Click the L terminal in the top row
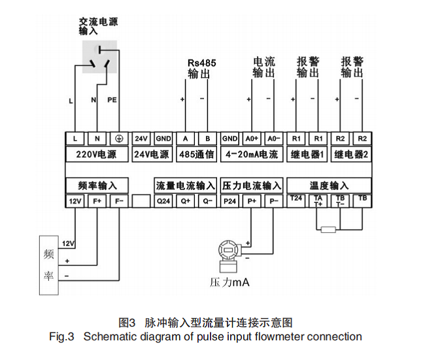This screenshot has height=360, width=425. (x=75, y=139)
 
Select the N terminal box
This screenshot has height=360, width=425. (x=97, y=139)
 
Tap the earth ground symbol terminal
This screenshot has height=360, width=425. (x=118, y=139)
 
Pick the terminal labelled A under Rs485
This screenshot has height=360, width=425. (x=186, y=139)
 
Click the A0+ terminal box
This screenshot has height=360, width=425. (x=252, y=139)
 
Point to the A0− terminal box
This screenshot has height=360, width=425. (x=273, y=139)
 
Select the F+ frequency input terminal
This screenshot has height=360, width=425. (x=97, y=201)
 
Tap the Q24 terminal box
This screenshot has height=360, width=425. (x=163, y=201)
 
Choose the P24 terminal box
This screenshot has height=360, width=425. (x=230, y=201)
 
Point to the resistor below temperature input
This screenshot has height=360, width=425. (x=329, y=229)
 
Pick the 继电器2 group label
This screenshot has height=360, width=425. (x=351, y=155)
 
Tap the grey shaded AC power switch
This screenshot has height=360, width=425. (x=99, y=57)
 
